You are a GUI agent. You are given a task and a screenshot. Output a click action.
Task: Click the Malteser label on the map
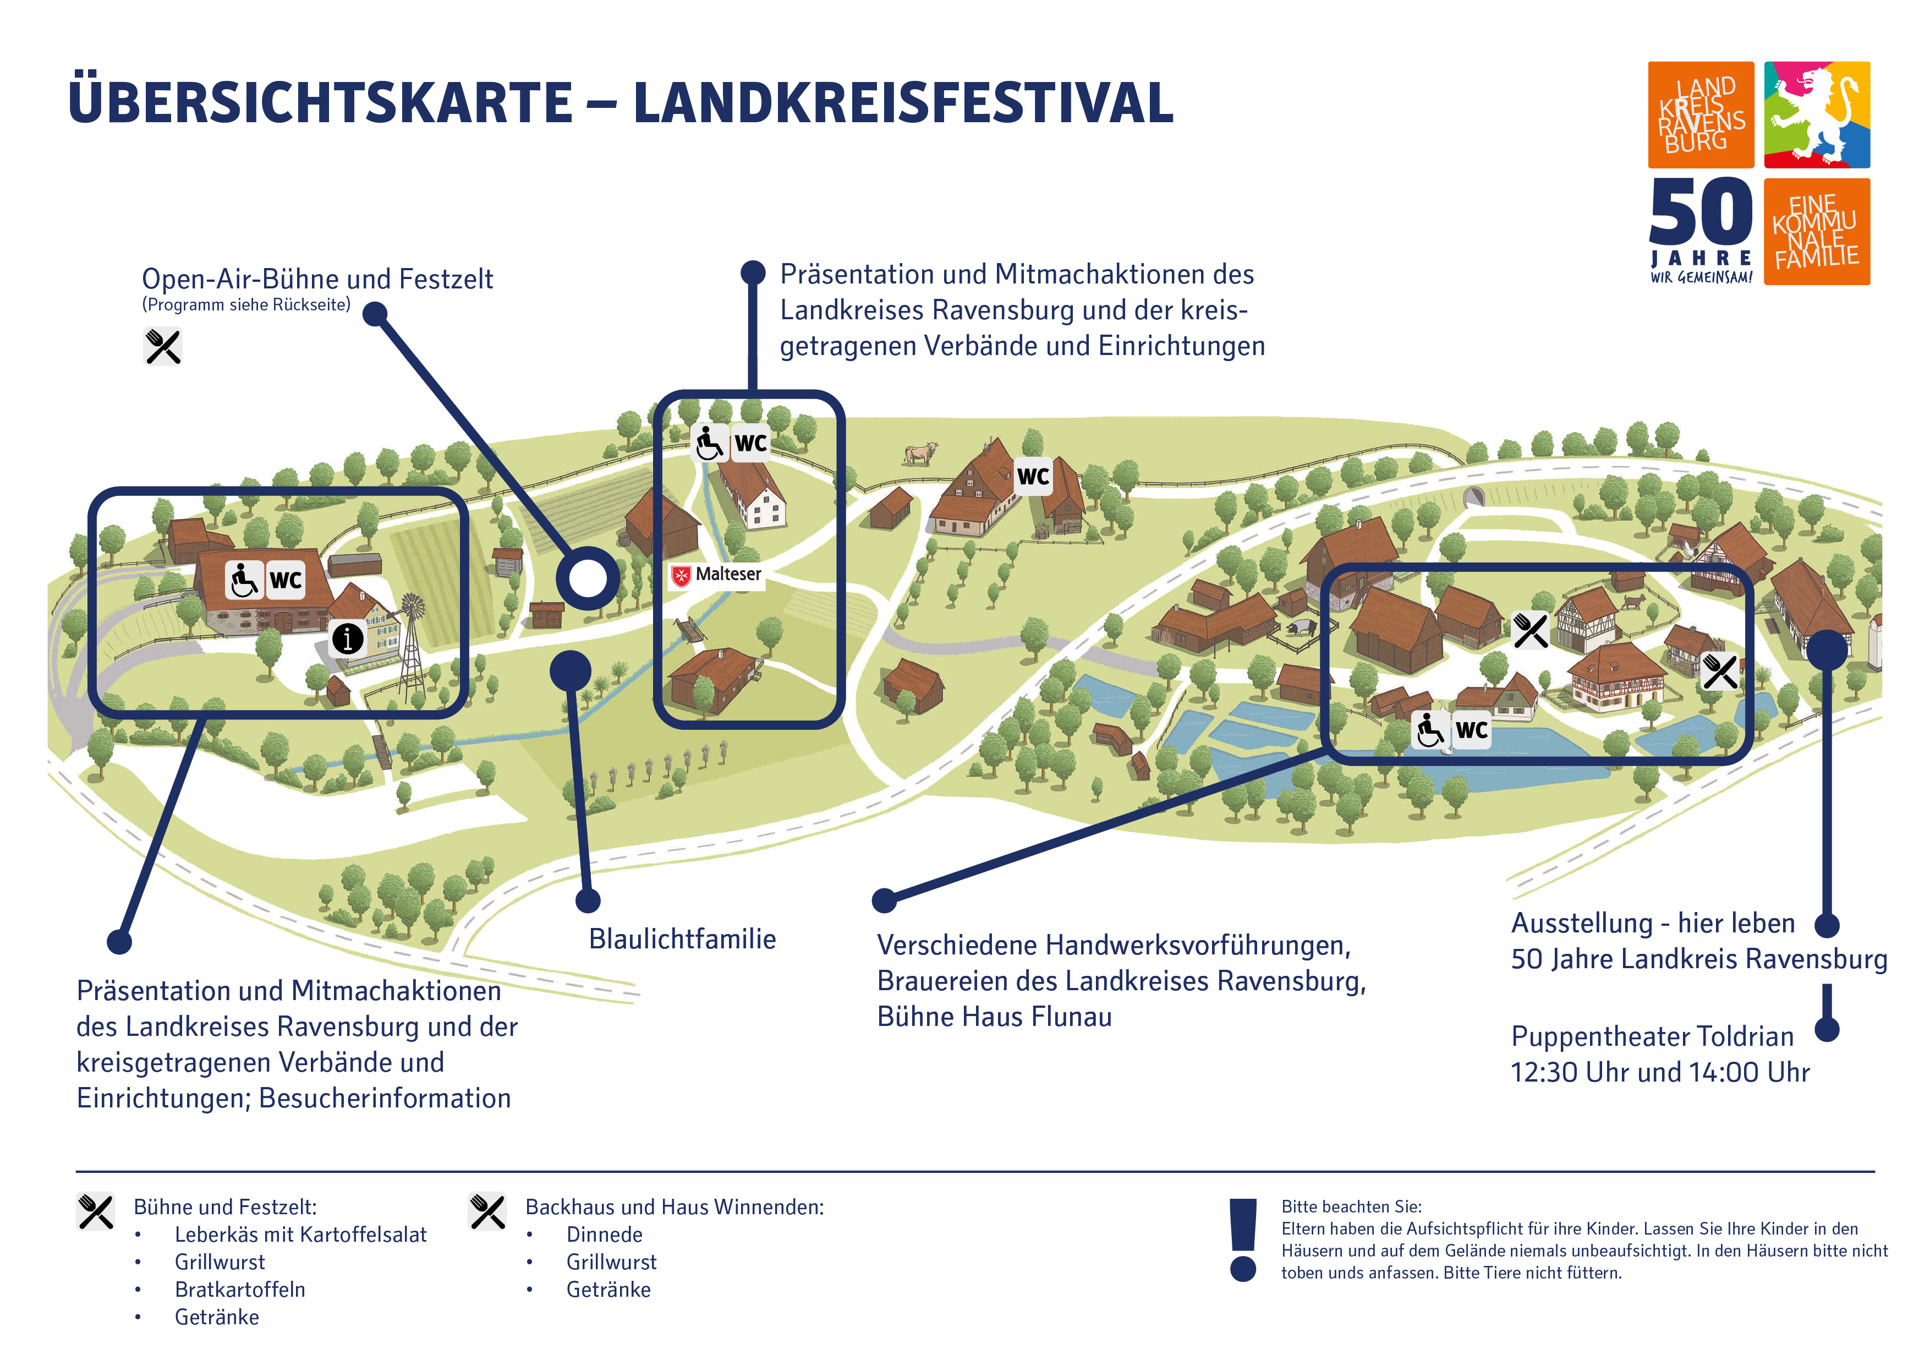click(717, 575)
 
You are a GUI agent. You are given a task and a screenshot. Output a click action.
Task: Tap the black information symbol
click(347, 638)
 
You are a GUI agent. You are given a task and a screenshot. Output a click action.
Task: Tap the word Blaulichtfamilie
click(682, 938)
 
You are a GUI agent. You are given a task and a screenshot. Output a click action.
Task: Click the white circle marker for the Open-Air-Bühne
click(588, 578)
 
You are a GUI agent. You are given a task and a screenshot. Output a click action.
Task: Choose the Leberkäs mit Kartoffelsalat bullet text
click(300, 1235)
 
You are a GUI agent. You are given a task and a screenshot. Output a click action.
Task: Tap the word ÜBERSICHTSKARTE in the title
click(320, 102)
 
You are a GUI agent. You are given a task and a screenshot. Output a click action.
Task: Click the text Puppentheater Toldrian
click(1652, 1036)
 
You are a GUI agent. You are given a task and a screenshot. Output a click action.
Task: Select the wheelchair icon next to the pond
click(1429, 729)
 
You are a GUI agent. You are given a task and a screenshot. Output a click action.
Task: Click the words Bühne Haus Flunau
click(994, 1017)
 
